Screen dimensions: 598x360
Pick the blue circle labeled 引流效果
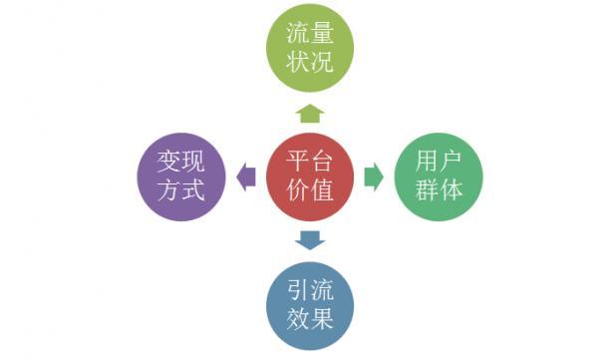point(310,304)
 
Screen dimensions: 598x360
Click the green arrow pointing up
point(310,112)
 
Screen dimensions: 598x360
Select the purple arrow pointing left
point(245,177)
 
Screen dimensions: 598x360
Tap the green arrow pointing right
point(374,177)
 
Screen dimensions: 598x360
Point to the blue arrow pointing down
point(310,239)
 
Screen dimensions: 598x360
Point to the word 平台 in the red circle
point(310,161)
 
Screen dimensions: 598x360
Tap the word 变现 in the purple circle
point(180,161)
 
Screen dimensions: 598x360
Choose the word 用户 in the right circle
point(440,161)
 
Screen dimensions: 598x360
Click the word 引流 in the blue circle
point(310,289)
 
